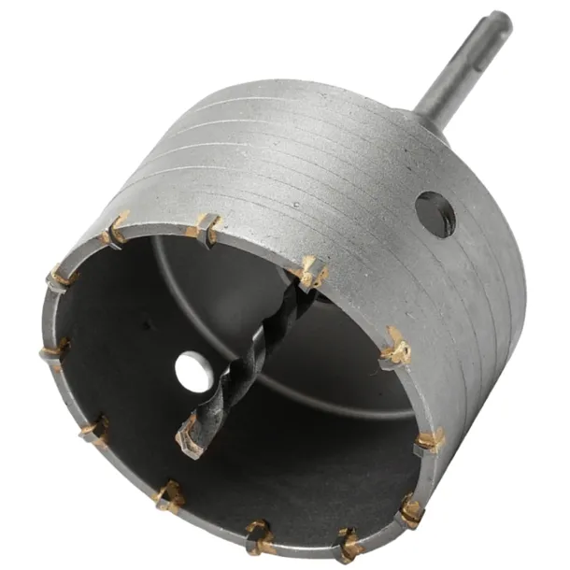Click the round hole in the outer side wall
(x=435, y=213)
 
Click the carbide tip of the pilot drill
(x=190, y=437)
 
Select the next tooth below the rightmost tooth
(x=410, y=510)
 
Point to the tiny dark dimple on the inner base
(x=146, y=326)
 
